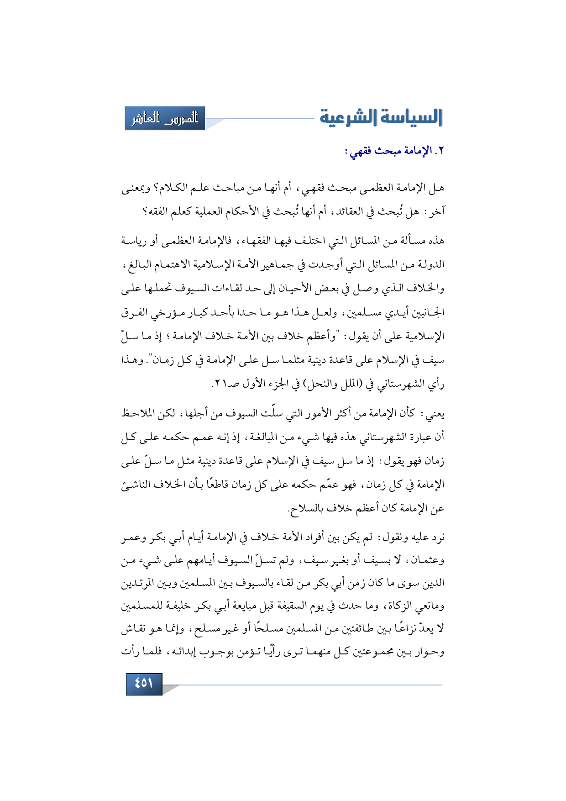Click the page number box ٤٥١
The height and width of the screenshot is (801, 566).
[x=144, y=683]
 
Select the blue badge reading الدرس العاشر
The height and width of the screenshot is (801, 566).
[x=165, y=118]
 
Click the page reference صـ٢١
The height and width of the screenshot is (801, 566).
[x=225, y=384]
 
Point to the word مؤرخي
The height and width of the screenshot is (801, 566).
[x=168, y=313]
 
